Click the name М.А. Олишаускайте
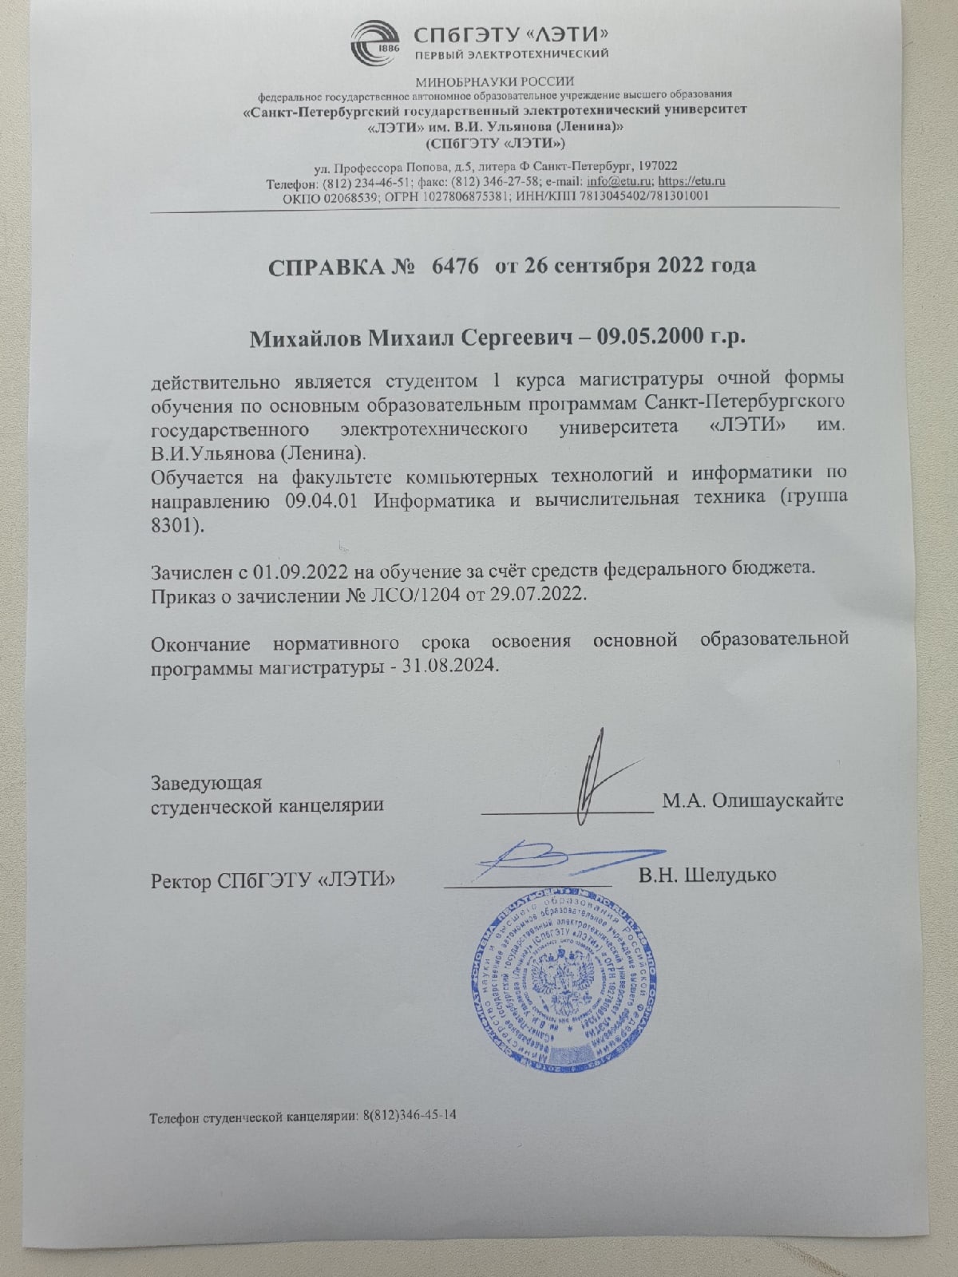(753, 801)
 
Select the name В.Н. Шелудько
(707, 876)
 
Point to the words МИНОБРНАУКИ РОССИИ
(495, 81)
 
